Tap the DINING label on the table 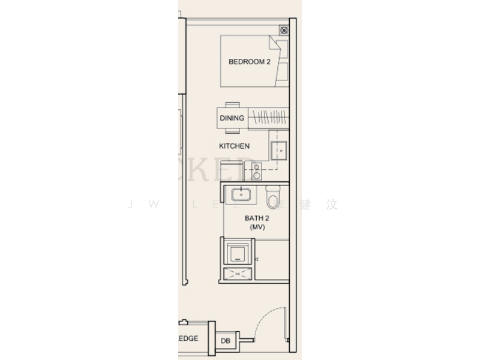(x=232, y=118)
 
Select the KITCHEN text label (x=234, y=146)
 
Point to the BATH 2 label (x=255, y=219)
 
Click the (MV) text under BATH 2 (x=255, y=227)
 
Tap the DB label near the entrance (x=225, y=341)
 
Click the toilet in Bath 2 (x=273, y=196)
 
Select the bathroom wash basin (x=241, y=194)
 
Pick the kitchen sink (x=279, y=150)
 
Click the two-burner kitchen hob (x=257, y=172)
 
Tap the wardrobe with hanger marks (x=268, y=117)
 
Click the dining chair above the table (x=232, y=104)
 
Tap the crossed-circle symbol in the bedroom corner (x=283, y=29)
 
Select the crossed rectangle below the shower (x=236, y=275)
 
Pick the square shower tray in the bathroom (x=238, y=251)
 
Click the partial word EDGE (x=188, y=339)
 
